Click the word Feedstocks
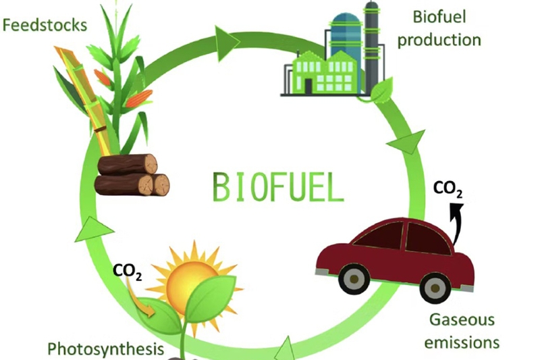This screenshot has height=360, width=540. (x=45, y=25)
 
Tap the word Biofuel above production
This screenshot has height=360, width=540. (x=439, y=17)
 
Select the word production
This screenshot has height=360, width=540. (x=439, y=40)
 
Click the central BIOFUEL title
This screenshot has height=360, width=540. (x=278, y=186)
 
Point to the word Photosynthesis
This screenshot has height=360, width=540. (x=105, y=349)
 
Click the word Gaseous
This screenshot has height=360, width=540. (x=462, y=319)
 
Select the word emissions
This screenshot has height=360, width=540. (x=462, y=342)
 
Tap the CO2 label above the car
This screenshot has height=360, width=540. (x=448, y=188)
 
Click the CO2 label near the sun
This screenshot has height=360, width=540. (x=127, y=272)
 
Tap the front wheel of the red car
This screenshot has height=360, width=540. (x=354, y=279)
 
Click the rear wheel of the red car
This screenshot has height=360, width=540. (x=435, y=288)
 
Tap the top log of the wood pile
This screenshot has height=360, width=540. (x=128, y=164)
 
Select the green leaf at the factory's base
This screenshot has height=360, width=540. (x=381, y=88)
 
